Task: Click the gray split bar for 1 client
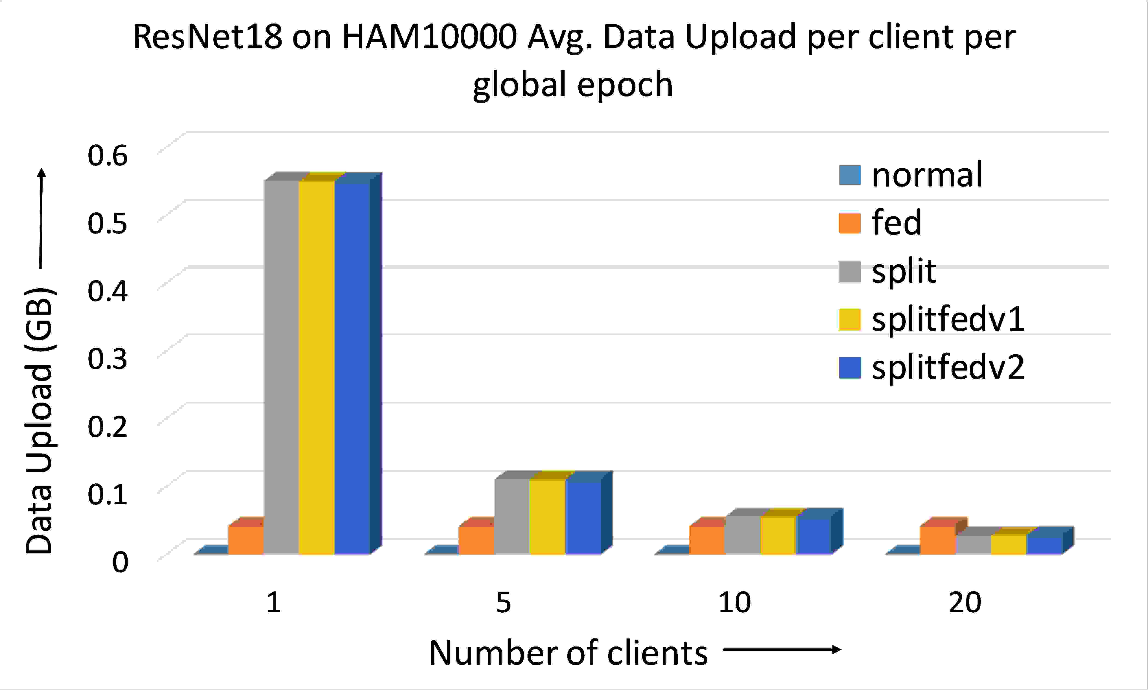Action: click(281, 367)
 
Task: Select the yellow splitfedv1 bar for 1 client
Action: click(316, 367)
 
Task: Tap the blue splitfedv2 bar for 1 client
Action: click(352, 367)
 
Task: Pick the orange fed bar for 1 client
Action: click(246, 540)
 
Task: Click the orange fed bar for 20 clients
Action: click(937, 540)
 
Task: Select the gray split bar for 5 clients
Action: click(511, 516)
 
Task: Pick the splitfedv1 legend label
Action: click(948, 320)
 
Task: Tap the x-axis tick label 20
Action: click(965, 602)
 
